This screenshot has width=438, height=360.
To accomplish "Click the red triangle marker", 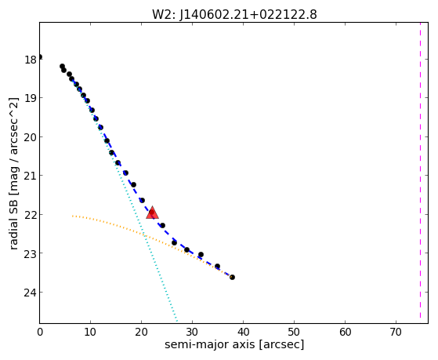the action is click(x=152, y=213).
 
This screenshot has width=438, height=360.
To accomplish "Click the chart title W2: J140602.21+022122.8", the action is click(x=234, y=15).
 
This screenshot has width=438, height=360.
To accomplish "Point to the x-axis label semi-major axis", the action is click(x=210, y=344).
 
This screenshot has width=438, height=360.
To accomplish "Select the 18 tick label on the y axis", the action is click(x=31, y=60).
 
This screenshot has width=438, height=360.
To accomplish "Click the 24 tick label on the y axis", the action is click(x=31, y=293).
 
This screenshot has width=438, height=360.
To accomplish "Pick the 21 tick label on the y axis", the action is click(x=31, y=176).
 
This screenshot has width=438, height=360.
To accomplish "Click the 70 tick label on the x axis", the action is click(x=396, y=332).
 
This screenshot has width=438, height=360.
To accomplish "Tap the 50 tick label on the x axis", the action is click(x=294, y=332).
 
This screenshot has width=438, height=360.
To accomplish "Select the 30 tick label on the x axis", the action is click(x=192, y=332).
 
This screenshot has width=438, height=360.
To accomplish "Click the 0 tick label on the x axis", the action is click(x=40, y=332).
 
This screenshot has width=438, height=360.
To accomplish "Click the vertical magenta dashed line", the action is click(x=420, y=173).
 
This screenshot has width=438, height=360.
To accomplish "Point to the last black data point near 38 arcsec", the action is click(x=232, y=277).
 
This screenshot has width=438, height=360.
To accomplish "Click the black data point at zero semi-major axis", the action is click(x=40, y=56).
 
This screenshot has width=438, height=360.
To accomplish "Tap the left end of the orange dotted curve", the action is click(x=72, y=216).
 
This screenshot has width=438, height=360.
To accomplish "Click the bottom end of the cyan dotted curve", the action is click(x=177, y=320).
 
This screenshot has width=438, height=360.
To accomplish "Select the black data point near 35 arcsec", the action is click(x=217, y=266).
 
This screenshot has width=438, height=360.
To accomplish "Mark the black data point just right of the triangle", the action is click(x=162, y=225).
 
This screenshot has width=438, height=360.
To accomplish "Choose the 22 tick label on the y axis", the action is click(x=31, y=215).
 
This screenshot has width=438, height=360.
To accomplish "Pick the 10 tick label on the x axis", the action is click(x=90, y=332).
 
